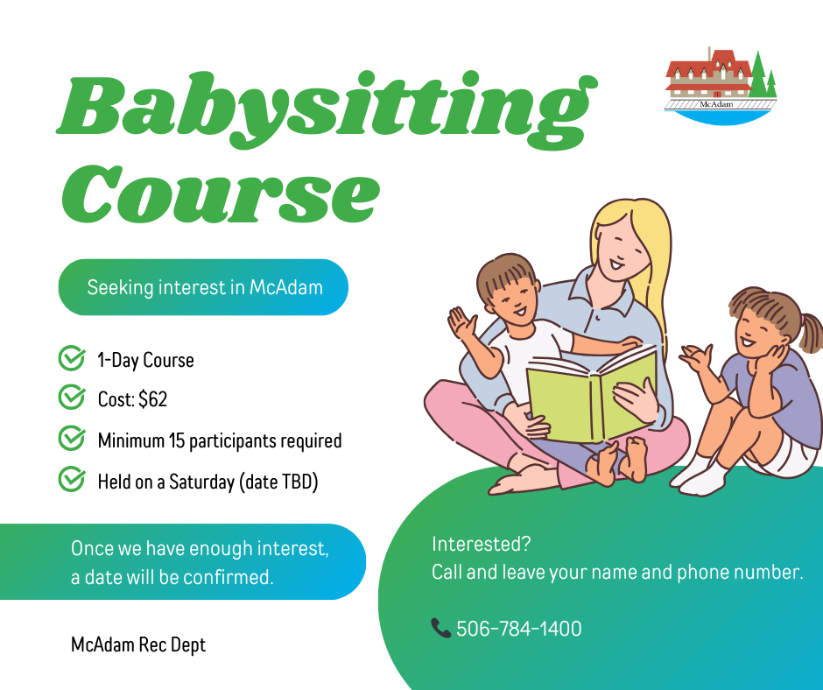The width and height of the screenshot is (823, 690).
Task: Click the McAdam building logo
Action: click(x=721, y=86)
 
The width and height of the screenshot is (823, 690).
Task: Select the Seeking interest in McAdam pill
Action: click(x=203, y=287)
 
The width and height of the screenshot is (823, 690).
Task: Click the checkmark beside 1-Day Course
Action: click(x=72, y=358)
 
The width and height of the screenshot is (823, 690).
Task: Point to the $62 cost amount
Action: click(x=152, y=399)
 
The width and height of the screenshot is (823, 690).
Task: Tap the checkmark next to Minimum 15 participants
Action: click(x=72, y=438)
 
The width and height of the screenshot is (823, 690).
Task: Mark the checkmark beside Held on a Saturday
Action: click(x=72, y=479)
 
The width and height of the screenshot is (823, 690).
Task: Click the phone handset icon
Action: click(x=441, y=628)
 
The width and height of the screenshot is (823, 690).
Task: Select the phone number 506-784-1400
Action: click(x=518, y=629)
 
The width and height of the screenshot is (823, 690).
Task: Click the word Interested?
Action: click(x=482, y=544)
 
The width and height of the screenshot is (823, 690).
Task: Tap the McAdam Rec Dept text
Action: click(x=138, y=644)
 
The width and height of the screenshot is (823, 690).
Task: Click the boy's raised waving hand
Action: click(x=462, y=323)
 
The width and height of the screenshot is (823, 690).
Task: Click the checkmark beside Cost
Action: click(x=72, y=397)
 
